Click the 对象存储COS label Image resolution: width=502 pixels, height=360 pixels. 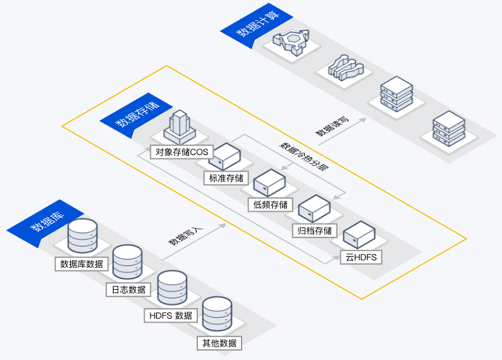[x=182, y=152]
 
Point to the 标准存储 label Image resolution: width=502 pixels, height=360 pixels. [x=226, y=177]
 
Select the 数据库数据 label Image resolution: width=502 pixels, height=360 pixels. [x=82, y=263]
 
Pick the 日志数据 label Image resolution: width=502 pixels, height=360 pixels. [x=128, y=290]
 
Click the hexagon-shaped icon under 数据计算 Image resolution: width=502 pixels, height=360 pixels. [x=291, y=41]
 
